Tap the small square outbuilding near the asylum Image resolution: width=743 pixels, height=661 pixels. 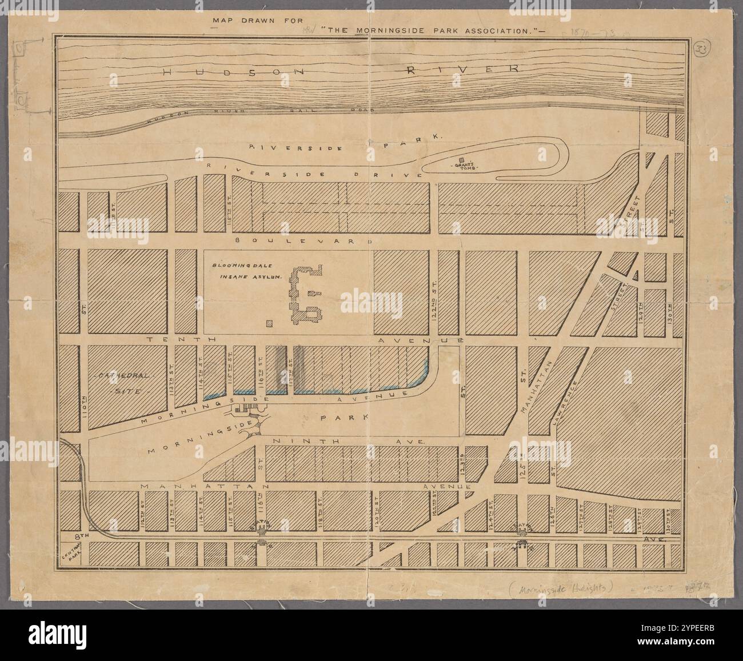269,324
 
